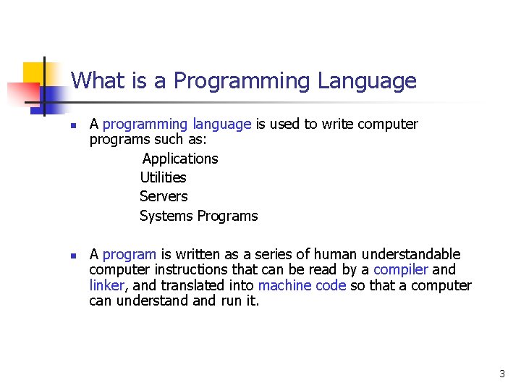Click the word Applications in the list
click(x=180, y=159)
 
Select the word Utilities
click(x=163, y=177)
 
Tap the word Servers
click(x=164, y=196)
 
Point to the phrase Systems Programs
click(x=198, y=216)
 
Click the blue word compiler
click(x=401, y=270)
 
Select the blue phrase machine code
click(x=302, y=285)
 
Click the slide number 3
click(x=501, y=374)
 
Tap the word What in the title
click(x=97, y=80)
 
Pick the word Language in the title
click(x=367, y=80)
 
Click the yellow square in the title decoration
click(x=34, y=75)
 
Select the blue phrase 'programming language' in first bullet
click(x=177, y=125)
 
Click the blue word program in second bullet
click(x=130, y=254)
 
